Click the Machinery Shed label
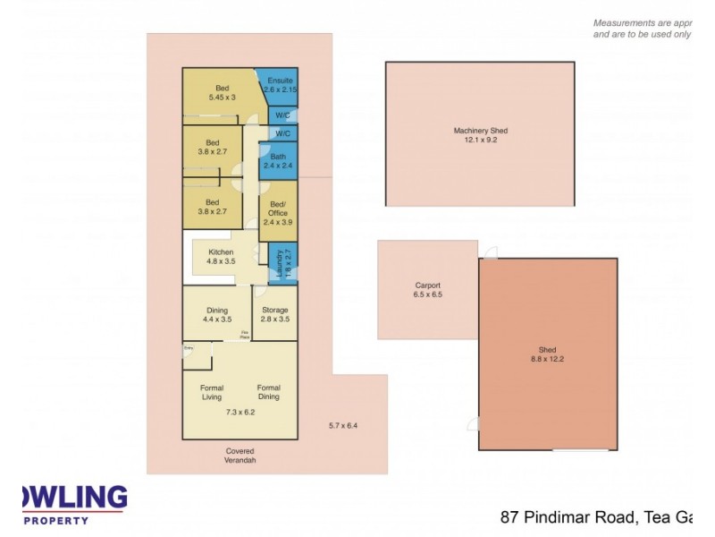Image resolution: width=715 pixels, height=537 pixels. (480, 136)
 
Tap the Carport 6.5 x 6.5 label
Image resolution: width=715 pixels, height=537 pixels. (427, 289)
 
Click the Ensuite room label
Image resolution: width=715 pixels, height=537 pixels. (278, 86)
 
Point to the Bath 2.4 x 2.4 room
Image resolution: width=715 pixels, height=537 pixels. (278, 162)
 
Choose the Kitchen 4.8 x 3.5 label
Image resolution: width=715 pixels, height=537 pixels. (221, 257)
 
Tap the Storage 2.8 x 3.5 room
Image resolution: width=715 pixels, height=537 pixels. (274, 314)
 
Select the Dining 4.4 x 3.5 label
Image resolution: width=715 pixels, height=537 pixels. (215, 314)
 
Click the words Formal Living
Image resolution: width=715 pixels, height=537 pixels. (212, 392)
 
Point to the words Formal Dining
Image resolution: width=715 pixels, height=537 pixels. (268, 392)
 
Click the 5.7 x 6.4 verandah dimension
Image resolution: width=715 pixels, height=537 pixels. (342, 425)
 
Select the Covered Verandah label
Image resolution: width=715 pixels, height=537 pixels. (240, 456)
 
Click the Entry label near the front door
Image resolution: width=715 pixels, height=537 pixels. (189, 346)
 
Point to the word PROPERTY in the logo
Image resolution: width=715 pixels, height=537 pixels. (55, 520)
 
